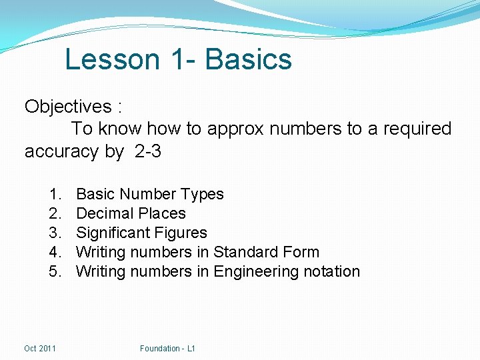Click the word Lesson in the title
click(x=113, y=59)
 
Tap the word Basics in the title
click(x=249, y=59)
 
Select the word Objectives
click(x=68, y=107)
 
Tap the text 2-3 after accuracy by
click(x=147, y=151)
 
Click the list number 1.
click(x=55, y=194)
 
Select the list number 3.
click(x=55, y=233)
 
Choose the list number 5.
click(x=55, y=271)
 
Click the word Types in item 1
click(x=203, y=194)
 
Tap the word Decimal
click(x=103, y=213)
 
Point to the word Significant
click(x=113, y=233)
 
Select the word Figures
click(x=181, y=233)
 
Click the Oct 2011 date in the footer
click(x=40, y=348)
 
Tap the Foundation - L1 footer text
click(x=167, y=348)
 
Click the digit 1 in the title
click(x=177, y=59)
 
